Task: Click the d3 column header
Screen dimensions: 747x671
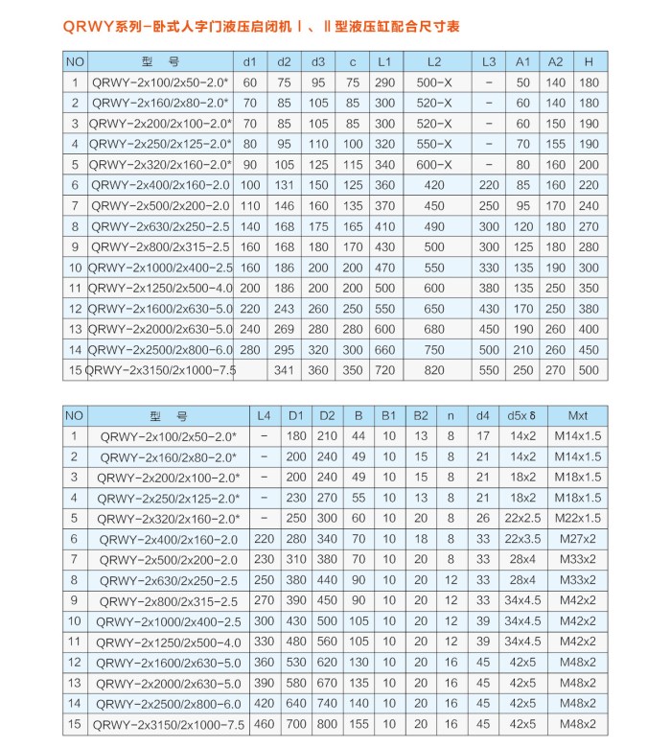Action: coord(317,61)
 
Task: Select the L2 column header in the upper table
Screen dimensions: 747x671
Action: coord(434,61)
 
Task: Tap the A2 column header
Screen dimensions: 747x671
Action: coord(555,61)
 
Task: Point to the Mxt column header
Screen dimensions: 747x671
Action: coord(578,416)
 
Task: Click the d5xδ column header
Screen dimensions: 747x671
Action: coord(522,416)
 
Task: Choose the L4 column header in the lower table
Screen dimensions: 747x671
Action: coord(265,416)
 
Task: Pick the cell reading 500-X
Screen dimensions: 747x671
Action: coord(434,82)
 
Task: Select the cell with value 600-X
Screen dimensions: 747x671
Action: coord(434,164)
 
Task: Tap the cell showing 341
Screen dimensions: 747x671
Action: coord(285,369)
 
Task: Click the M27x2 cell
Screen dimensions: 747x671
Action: coord(578,539)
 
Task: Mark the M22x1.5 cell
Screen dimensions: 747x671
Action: coord(578,518)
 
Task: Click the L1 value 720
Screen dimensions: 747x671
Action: coord(384,369)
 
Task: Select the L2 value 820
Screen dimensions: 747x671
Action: coord(434,369)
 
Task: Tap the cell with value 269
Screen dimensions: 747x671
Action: coord(285,328)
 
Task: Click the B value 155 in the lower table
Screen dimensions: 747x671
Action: coord(358,724)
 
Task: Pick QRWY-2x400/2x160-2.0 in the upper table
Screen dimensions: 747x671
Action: coord(161,185)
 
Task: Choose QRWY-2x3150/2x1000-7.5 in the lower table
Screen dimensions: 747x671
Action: coord(173,724)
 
